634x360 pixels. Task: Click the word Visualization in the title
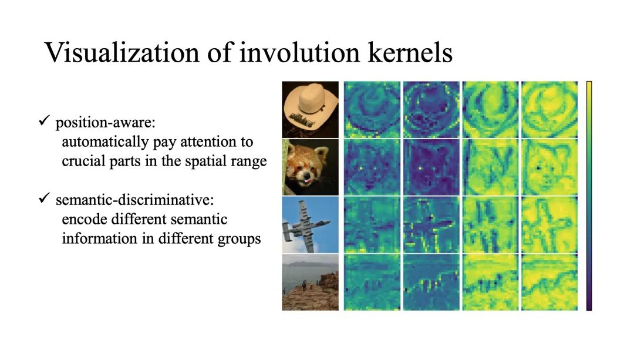(x=122, y=53)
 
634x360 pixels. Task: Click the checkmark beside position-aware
(x=44, y=120)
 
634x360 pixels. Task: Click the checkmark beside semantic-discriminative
(x=44, y=198)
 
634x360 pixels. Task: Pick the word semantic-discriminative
(x=134, y=200)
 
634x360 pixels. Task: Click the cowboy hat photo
(x=310, y=110)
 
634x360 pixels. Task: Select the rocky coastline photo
(x=310, y=282)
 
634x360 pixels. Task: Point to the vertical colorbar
(x=589, y=196)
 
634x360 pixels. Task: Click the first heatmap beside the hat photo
(x=372, y=110)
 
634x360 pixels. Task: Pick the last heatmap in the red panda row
(x=549, y=167)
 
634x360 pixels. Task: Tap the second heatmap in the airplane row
(x=431, y=225)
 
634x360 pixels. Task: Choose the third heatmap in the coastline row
(x=490, y=282)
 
